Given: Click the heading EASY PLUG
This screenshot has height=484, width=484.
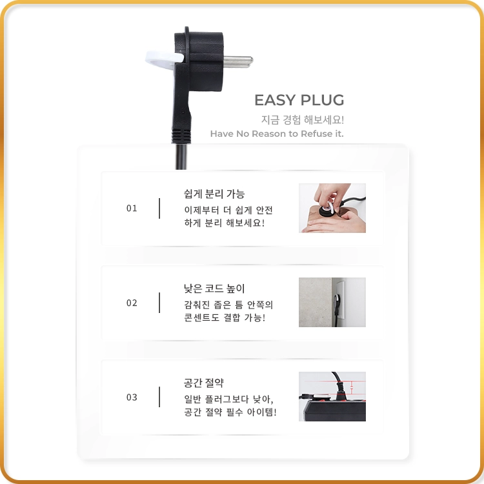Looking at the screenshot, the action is pos(299,100).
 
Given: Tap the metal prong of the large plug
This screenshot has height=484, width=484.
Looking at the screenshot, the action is pos(237,61).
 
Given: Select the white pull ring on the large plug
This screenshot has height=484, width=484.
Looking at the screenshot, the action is pos(164,59).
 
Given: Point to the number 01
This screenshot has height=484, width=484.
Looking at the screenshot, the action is pos(132,208).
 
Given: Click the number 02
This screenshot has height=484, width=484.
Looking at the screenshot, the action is pos(132,303).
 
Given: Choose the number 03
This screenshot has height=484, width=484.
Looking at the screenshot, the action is pos(132,398).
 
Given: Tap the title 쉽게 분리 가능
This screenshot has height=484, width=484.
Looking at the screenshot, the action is pos(214,194).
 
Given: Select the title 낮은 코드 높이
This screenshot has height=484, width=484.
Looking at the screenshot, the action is pos(214,288).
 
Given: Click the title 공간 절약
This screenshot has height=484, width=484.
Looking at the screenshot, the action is pos(204,383).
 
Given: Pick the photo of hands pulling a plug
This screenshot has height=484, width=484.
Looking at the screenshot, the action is pos(332,208).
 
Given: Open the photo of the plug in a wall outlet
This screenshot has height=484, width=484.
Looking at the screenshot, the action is pos(332,302).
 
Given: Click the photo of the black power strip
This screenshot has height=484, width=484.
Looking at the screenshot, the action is pos(332,396).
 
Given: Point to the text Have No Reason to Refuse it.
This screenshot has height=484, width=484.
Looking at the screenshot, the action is pos(277,134).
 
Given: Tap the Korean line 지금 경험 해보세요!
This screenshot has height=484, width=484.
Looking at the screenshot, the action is pos(303,120).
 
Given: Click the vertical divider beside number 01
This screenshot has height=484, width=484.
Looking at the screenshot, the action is pos(159,208).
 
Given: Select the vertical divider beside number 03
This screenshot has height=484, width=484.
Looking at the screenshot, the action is pos(159,397).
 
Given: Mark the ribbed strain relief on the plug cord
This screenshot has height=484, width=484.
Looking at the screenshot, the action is pos(181,136).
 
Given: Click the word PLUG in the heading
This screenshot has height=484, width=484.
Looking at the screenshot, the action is pos(322,100).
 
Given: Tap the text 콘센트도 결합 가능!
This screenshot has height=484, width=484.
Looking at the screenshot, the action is pos(225,318).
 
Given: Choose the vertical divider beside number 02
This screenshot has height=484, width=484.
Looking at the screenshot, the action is pos(159,303).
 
